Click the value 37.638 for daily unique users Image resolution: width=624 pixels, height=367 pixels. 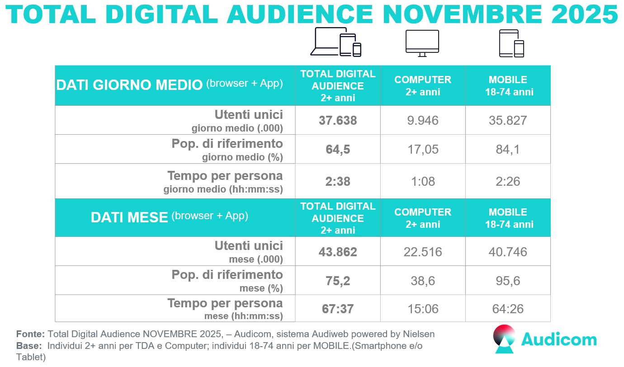point(338,120)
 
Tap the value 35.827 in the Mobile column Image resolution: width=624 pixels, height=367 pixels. point(508,120)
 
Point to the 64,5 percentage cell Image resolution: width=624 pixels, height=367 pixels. point(338,149)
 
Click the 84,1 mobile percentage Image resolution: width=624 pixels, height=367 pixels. point(508,149)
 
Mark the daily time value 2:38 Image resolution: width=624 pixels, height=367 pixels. point(338,181)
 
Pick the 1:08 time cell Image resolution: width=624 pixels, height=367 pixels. point(423,181)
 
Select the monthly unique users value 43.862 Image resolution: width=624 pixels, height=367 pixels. point(338,252)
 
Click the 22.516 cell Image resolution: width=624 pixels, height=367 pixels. point(423,252)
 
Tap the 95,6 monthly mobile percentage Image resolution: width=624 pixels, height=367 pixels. point(508,281)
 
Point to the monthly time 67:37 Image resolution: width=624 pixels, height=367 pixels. point(338,309)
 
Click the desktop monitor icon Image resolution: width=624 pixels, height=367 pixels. point(422,43)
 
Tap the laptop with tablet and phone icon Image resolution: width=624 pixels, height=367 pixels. point(336,42)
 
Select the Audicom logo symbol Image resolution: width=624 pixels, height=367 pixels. point(505,339)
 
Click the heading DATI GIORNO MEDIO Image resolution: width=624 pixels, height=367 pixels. point(128,85)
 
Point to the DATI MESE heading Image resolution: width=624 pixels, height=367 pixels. point(129,217)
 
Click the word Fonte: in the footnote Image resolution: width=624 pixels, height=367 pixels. point(30,334)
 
